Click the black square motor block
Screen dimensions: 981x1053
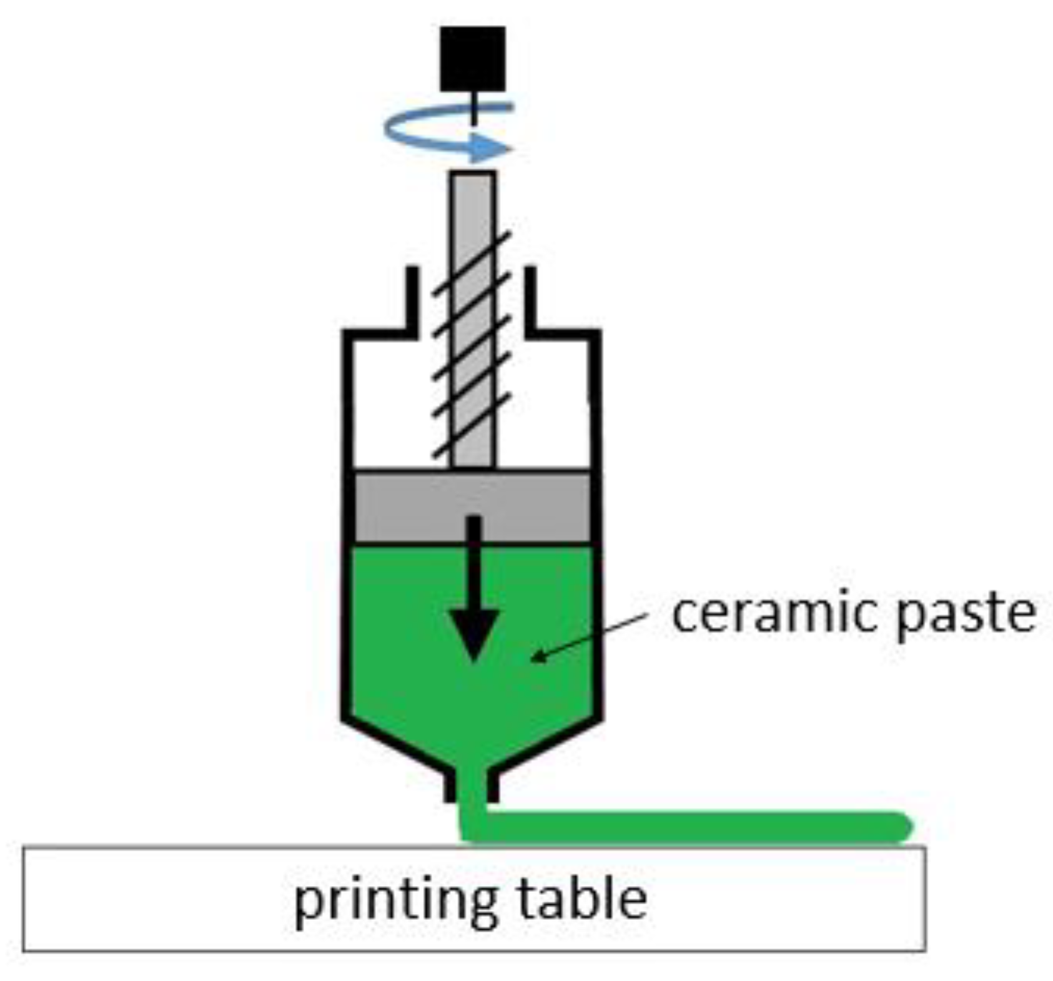coord(472,58)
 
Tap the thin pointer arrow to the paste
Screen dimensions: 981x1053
coord(590,636)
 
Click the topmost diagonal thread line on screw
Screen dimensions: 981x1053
coord(472,262)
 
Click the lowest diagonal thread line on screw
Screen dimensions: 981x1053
coord(472,425)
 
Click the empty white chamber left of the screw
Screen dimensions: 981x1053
coord(390,406)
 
